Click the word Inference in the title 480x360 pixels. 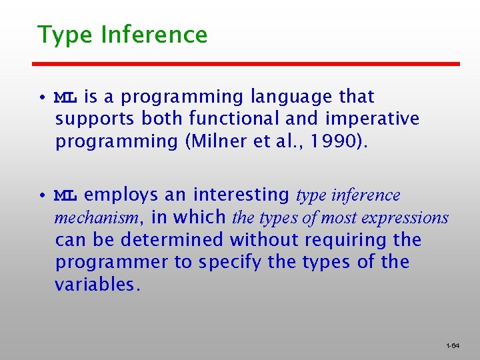click(x=154, y=34)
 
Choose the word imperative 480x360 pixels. click(x=373, y=119)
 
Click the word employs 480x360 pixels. click(x=120, y=195)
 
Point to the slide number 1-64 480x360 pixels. click(x=453, y=346)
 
